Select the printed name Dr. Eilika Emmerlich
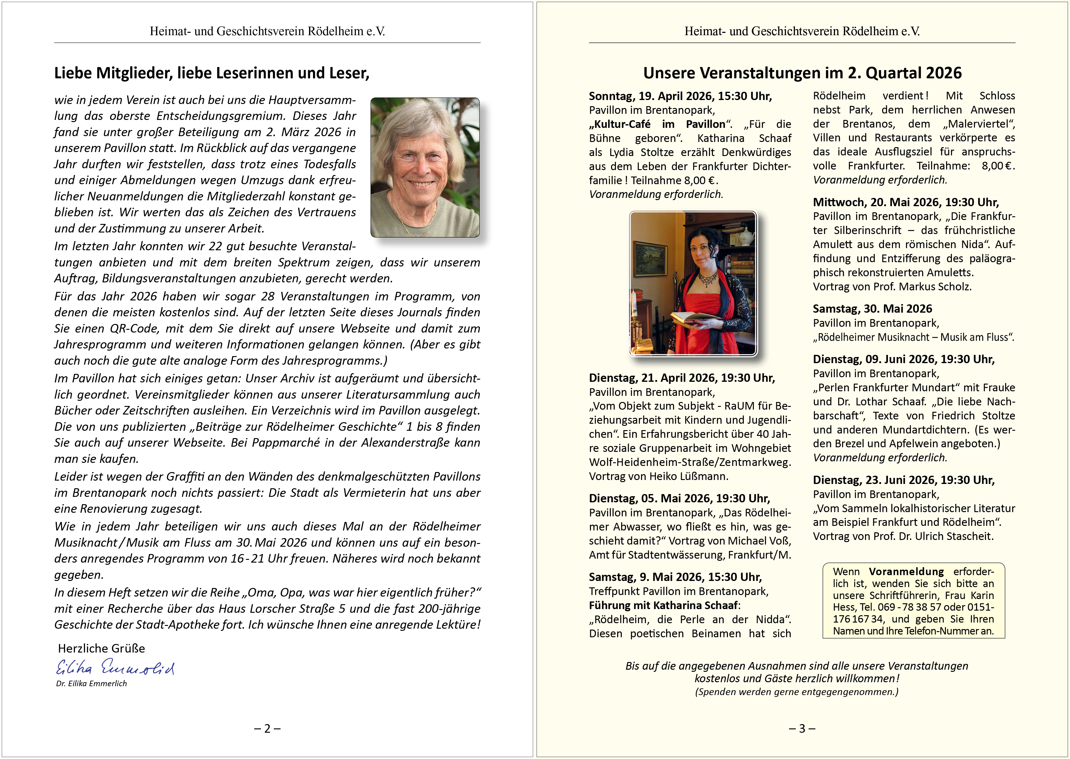click(91, 684)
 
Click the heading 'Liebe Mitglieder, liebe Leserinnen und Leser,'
click(212, 73)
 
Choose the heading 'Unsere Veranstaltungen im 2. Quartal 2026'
click(802, 73)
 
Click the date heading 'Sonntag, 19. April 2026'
click(680, 96)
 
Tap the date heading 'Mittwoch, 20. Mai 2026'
click(905, 202)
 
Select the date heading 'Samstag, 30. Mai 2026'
click(872, 309)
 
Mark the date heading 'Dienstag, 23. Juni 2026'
click(903, 480)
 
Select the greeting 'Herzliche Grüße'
click(102, 648)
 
